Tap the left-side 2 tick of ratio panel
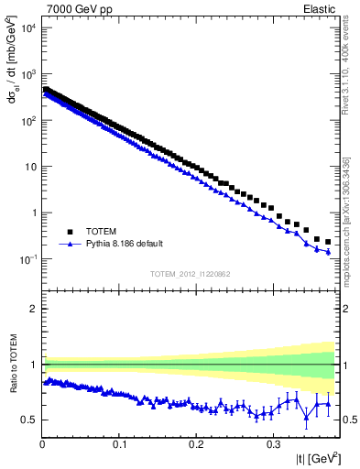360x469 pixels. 33,309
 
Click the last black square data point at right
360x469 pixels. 328,242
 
